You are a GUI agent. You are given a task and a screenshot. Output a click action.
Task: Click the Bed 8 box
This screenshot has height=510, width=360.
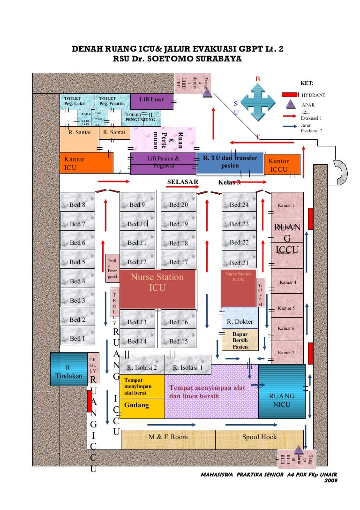click(x=77, y=205)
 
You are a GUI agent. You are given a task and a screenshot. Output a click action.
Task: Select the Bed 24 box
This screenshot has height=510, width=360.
click(x=239, y=205)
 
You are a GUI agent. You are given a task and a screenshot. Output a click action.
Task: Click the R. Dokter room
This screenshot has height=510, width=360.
click(x=240, y=321)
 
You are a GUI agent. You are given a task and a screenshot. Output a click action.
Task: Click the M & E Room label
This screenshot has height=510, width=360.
click(x=168, y=437)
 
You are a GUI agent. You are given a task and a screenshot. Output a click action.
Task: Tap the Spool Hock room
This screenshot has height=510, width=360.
click(x=259, y=437)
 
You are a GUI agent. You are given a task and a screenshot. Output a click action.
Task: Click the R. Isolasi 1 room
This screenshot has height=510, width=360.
click(x=187, y=367)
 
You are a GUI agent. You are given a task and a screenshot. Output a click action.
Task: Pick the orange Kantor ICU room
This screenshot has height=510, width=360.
click(x=86, y=163)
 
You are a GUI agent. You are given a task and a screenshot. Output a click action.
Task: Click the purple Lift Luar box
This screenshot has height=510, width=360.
click(x=151, y=100)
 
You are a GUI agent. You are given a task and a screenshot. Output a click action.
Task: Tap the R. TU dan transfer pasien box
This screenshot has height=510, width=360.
click(x=230, y=162)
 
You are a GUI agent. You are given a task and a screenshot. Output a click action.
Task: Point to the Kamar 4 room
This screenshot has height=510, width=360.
click(x=287, y=282)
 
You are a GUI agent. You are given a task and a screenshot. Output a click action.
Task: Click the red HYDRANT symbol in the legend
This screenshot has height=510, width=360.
click(x=291, y=95)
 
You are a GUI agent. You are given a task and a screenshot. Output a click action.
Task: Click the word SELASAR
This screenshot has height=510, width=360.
click(x=183, y=182)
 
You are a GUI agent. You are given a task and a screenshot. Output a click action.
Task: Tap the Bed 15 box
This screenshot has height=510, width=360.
click(x=178, y=341)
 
